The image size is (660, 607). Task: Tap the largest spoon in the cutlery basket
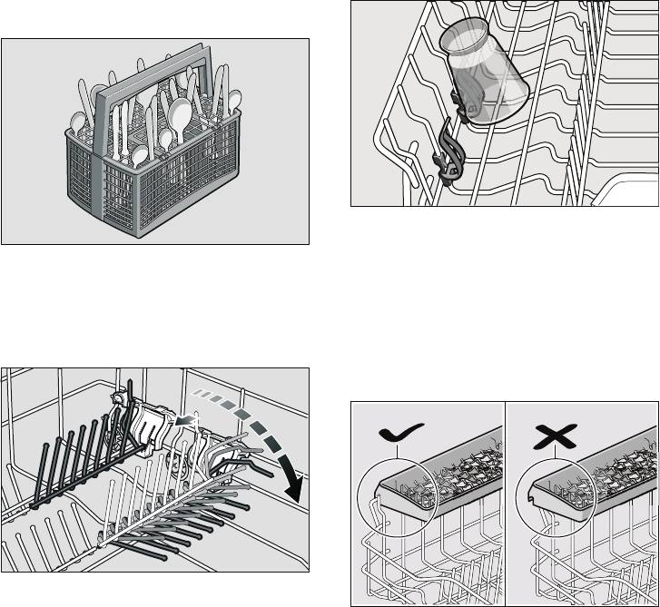click(179, 115)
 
